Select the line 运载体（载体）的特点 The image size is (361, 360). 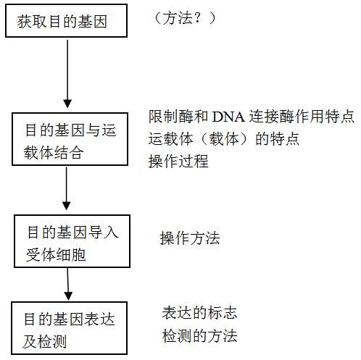click(224, 139)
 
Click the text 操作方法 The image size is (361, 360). click(190, 238)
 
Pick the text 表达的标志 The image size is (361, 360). click(199, 314)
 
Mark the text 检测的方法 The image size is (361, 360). click(199, 336)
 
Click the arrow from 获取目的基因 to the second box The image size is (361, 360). click(67, 72)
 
